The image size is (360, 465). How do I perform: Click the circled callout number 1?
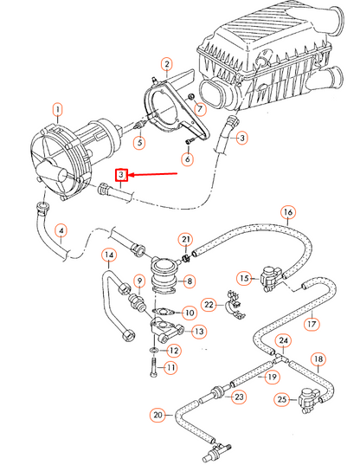(57, 109)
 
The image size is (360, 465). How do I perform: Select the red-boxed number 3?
(123, 175)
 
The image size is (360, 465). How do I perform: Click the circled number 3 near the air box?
(241, 137)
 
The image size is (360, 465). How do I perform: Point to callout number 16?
(287, 212)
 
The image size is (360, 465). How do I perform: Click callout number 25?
(282, 399)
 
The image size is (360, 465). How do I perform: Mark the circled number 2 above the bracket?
(167, 64)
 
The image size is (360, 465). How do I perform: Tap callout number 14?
(108, 255)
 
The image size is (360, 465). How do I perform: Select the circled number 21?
(185, 239)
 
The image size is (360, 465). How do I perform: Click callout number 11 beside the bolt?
(170, 367)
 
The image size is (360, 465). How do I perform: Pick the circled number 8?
(190, 281)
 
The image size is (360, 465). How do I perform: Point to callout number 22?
(209, 304)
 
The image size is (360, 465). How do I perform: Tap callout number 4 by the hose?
(60, 230)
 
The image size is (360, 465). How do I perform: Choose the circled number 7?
(201, 109)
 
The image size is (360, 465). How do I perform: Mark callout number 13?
(198, 331)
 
